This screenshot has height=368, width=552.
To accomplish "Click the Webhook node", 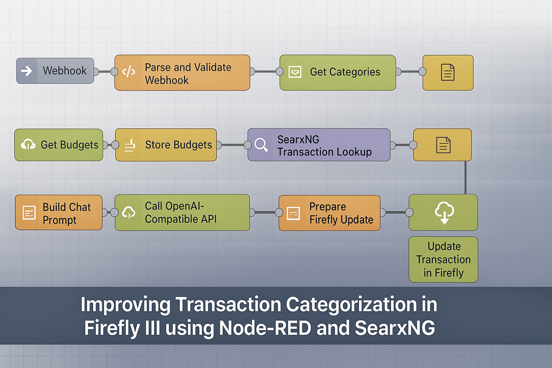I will [x=55, y=71].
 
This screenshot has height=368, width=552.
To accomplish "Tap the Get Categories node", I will [x=338, y=72].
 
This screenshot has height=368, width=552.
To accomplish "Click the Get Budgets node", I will [x=59, y=145].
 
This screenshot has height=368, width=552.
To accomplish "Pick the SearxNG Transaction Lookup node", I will [x=319, y=145].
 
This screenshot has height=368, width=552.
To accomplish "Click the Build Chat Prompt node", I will [x=59, y=213].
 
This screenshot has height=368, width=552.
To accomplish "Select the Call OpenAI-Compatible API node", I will [x=182, y=213].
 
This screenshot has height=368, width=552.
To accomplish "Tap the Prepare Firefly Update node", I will [x=329, y=213].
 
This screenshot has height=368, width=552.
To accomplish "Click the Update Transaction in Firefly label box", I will [x=443, y=259].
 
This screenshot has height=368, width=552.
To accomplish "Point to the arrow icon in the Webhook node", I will [x=26, y=71].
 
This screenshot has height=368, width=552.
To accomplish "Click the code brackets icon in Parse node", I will [x=129, y=72].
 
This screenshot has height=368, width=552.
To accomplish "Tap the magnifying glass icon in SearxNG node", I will [x=261, y=145].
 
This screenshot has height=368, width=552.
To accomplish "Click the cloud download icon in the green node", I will [x=443, y=213].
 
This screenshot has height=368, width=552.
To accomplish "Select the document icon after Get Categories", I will [x=448, y=72].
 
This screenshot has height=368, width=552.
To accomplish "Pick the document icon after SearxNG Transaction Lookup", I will [x=443, y=145].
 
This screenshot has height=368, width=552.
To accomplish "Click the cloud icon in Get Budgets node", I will [x=27, y=145].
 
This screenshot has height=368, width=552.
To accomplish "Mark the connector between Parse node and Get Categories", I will [x=264, y=72].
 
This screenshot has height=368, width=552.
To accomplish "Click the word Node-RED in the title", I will [x=283, y=329].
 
